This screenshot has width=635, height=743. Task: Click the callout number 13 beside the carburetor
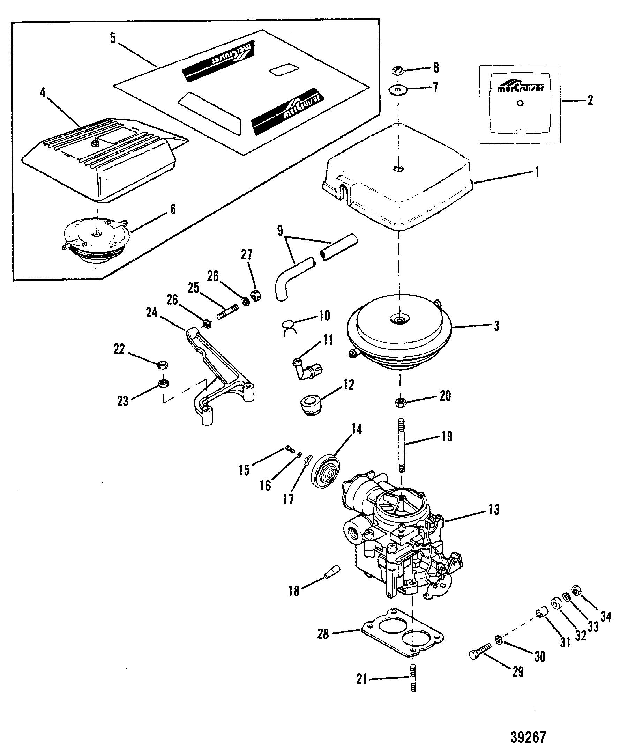(494, 510)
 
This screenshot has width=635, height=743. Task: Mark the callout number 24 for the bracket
(151, 313)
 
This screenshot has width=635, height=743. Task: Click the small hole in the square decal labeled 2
(520, 103)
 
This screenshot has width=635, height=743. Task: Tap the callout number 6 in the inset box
(173, 209)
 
